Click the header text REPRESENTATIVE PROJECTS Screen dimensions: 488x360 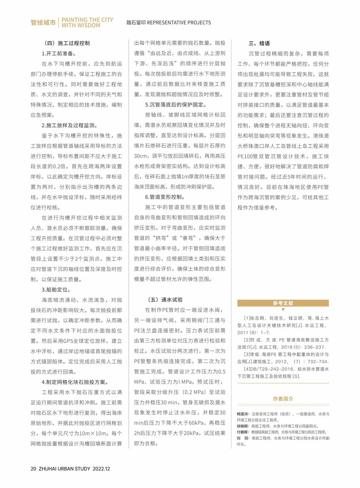(179, 23)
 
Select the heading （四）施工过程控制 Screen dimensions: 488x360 (67, 43)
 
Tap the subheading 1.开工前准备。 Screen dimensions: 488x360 (59, 54)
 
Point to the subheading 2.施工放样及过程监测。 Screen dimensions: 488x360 (70, 125)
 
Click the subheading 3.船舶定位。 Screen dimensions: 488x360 (57, 290)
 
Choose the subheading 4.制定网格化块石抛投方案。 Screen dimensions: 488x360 (75, 382)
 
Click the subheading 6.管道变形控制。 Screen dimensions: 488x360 (165, 197)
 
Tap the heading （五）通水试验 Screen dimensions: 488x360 (165, 300)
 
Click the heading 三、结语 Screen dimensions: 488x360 (259, 43)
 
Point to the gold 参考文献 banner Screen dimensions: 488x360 (283, 303)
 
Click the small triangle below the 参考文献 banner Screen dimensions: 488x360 (283, 310)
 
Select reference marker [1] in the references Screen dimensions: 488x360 (247, 318)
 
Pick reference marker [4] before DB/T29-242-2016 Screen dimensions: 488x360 (247, 369)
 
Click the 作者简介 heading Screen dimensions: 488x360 (283, 399)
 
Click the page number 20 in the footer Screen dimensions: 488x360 (33, 469)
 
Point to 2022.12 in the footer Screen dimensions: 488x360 (101, 469)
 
